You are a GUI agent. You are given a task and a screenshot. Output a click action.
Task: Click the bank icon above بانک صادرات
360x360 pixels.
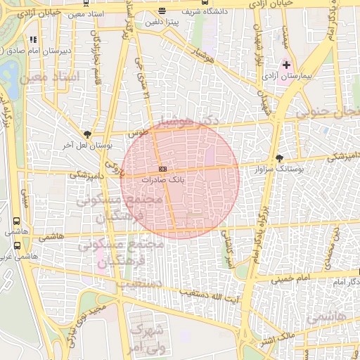click(162, 169)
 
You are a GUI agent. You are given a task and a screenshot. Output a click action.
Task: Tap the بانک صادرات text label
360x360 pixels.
click(162, 180)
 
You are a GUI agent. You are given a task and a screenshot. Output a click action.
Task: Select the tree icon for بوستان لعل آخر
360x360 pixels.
click(87, 134)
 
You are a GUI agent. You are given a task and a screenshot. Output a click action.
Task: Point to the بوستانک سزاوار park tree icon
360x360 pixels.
click(280, 158)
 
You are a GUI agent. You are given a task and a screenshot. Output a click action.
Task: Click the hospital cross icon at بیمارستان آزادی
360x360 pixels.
click(286, 65)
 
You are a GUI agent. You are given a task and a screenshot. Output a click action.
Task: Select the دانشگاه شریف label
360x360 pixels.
click(183, 12)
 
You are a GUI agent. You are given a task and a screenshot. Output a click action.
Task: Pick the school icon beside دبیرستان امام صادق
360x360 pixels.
click(33, 39)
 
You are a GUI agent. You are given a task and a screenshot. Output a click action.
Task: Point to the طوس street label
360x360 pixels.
click(136, 131)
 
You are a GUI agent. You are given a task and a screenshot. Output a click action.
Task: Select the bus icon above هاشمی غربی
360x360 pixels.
click(16, 246)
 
